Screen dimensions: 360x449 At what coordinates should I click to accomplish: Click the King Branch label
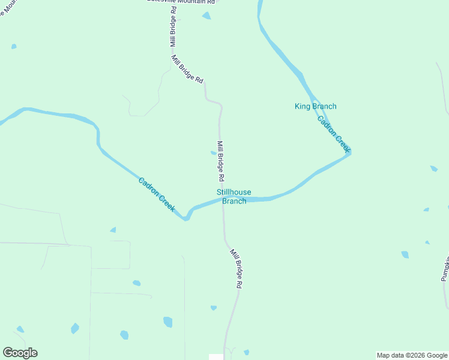coord(315,107)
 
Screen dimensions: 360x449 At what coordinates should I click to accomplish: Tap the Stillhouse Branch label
coord(234,197)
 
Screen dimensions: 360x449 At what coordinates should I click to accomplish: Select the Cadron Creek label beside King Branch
coord(333,134)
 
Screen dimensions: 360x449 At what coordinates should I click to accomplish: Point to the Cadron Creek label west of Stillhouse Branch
coord(157,194)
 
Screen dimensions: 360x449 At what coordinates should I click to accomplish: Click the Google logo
coord(20,353)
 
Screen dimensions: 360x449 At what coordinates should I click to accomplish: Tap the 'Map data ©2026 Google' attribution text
coord(412,355)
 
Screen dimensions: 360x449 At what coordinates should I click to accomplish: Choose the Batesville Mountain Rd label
coord(180,1)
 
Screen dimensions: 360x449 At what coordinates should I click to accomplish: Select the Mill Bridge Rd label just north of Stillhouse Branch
coord(220,161)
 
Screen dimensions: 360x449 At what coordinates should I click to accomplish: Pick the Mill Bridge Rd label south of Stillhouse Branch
coord(236,270)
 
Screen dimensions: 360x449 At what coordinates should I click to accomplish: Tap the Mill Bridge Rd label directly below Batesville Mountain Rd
coord(173,27)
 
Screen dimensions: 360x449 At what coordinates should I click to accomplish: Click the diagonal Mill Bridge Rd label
coord(187,69)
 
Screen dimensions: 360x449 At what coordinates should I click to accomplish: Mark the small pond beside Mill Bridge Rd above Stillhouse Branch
coord(213,153)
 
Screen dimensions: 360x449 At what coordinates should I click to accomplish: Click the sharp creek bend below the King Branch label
coord(348,151)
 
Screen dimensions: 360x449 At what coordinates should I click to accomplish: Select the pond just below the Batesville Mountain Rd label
coord(206,16)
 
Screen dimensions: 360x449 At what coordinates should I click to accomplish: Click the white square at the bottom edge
coord(215,357)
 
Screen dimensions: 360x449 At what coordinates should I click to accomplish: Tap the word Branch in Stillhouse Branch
coord(234,202)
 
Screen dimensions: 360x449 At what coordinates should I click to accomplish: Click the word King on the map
coord(302,107)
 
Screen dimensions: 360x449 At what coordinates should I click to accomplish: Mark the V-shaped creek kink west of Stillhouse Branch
coord(186,218)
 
